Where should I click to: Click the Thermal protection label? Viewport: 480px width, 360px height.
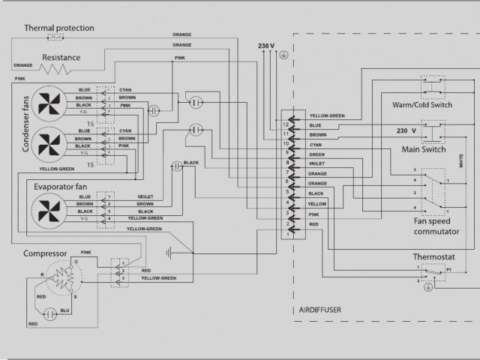59,28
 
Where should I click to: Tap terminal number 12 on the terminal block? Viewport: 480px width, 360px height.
286,116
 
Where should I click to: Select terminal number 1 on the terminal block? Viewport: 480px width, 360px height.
286,233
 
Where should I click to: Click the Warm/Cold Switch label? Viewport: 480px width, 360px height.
422,105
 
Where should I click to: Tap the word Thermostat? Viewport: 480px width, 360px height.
433,257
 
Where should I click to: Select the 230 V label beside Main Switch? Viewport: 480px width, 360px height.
406,130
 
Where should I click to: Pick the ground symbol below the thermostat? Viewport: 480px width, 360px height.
427,286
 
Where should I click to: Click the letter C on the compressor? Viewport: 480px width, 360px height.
73,261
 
